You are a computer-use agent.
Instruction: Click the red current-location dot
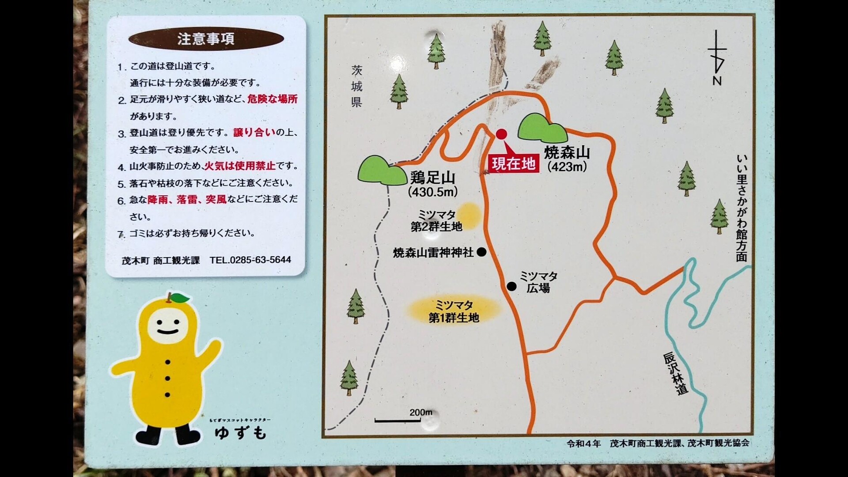501,134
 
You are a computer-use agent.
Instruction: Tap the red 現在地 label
514,164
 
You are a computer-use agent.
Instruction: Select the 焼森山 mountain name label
567,153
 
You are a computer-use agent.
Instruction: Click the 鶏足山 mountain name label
432,178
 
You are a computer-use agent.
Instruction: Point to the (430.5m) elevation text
433,192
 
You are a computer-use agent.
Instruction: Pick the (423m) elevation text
567,167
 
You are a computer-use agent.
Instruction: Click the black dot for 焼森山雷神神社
481,252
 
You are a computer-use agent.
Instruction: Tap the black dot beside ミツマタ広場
511,287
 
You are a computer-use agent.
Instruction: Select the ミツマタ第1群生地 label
454,311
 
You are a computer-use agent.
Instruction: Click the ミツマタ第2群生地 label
436,221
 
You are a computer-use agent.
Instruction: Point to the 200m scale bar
397,420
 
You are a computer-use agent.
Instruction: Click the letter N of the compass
717,81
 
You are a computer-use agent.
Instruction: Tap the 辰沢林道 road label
676,373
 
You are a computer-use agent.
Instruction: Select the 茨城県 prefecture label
356,86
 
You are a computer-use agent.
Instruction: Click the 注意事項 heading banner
206,39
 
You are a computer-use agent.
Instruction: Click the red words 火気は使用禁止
239,166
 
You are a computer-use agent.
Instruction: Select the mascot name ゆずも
241,432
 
